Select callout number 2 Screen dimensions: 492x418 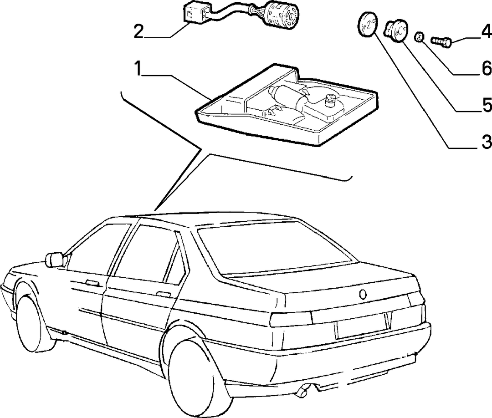click(x=138, y=31)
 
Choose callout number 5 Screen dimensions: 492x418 click(x=487, y=105)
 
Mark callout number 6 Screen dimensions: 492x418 click(x=487, y=68)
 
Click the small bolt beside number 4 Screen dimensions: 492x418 click(x=442, y=41)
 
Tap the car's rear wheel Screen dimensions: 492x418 click(x=194, y=370)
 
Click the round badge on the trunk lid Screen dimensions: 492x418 click(x=363, y=294)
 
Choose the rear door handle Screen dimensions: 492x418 click(x=164, y=294)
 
